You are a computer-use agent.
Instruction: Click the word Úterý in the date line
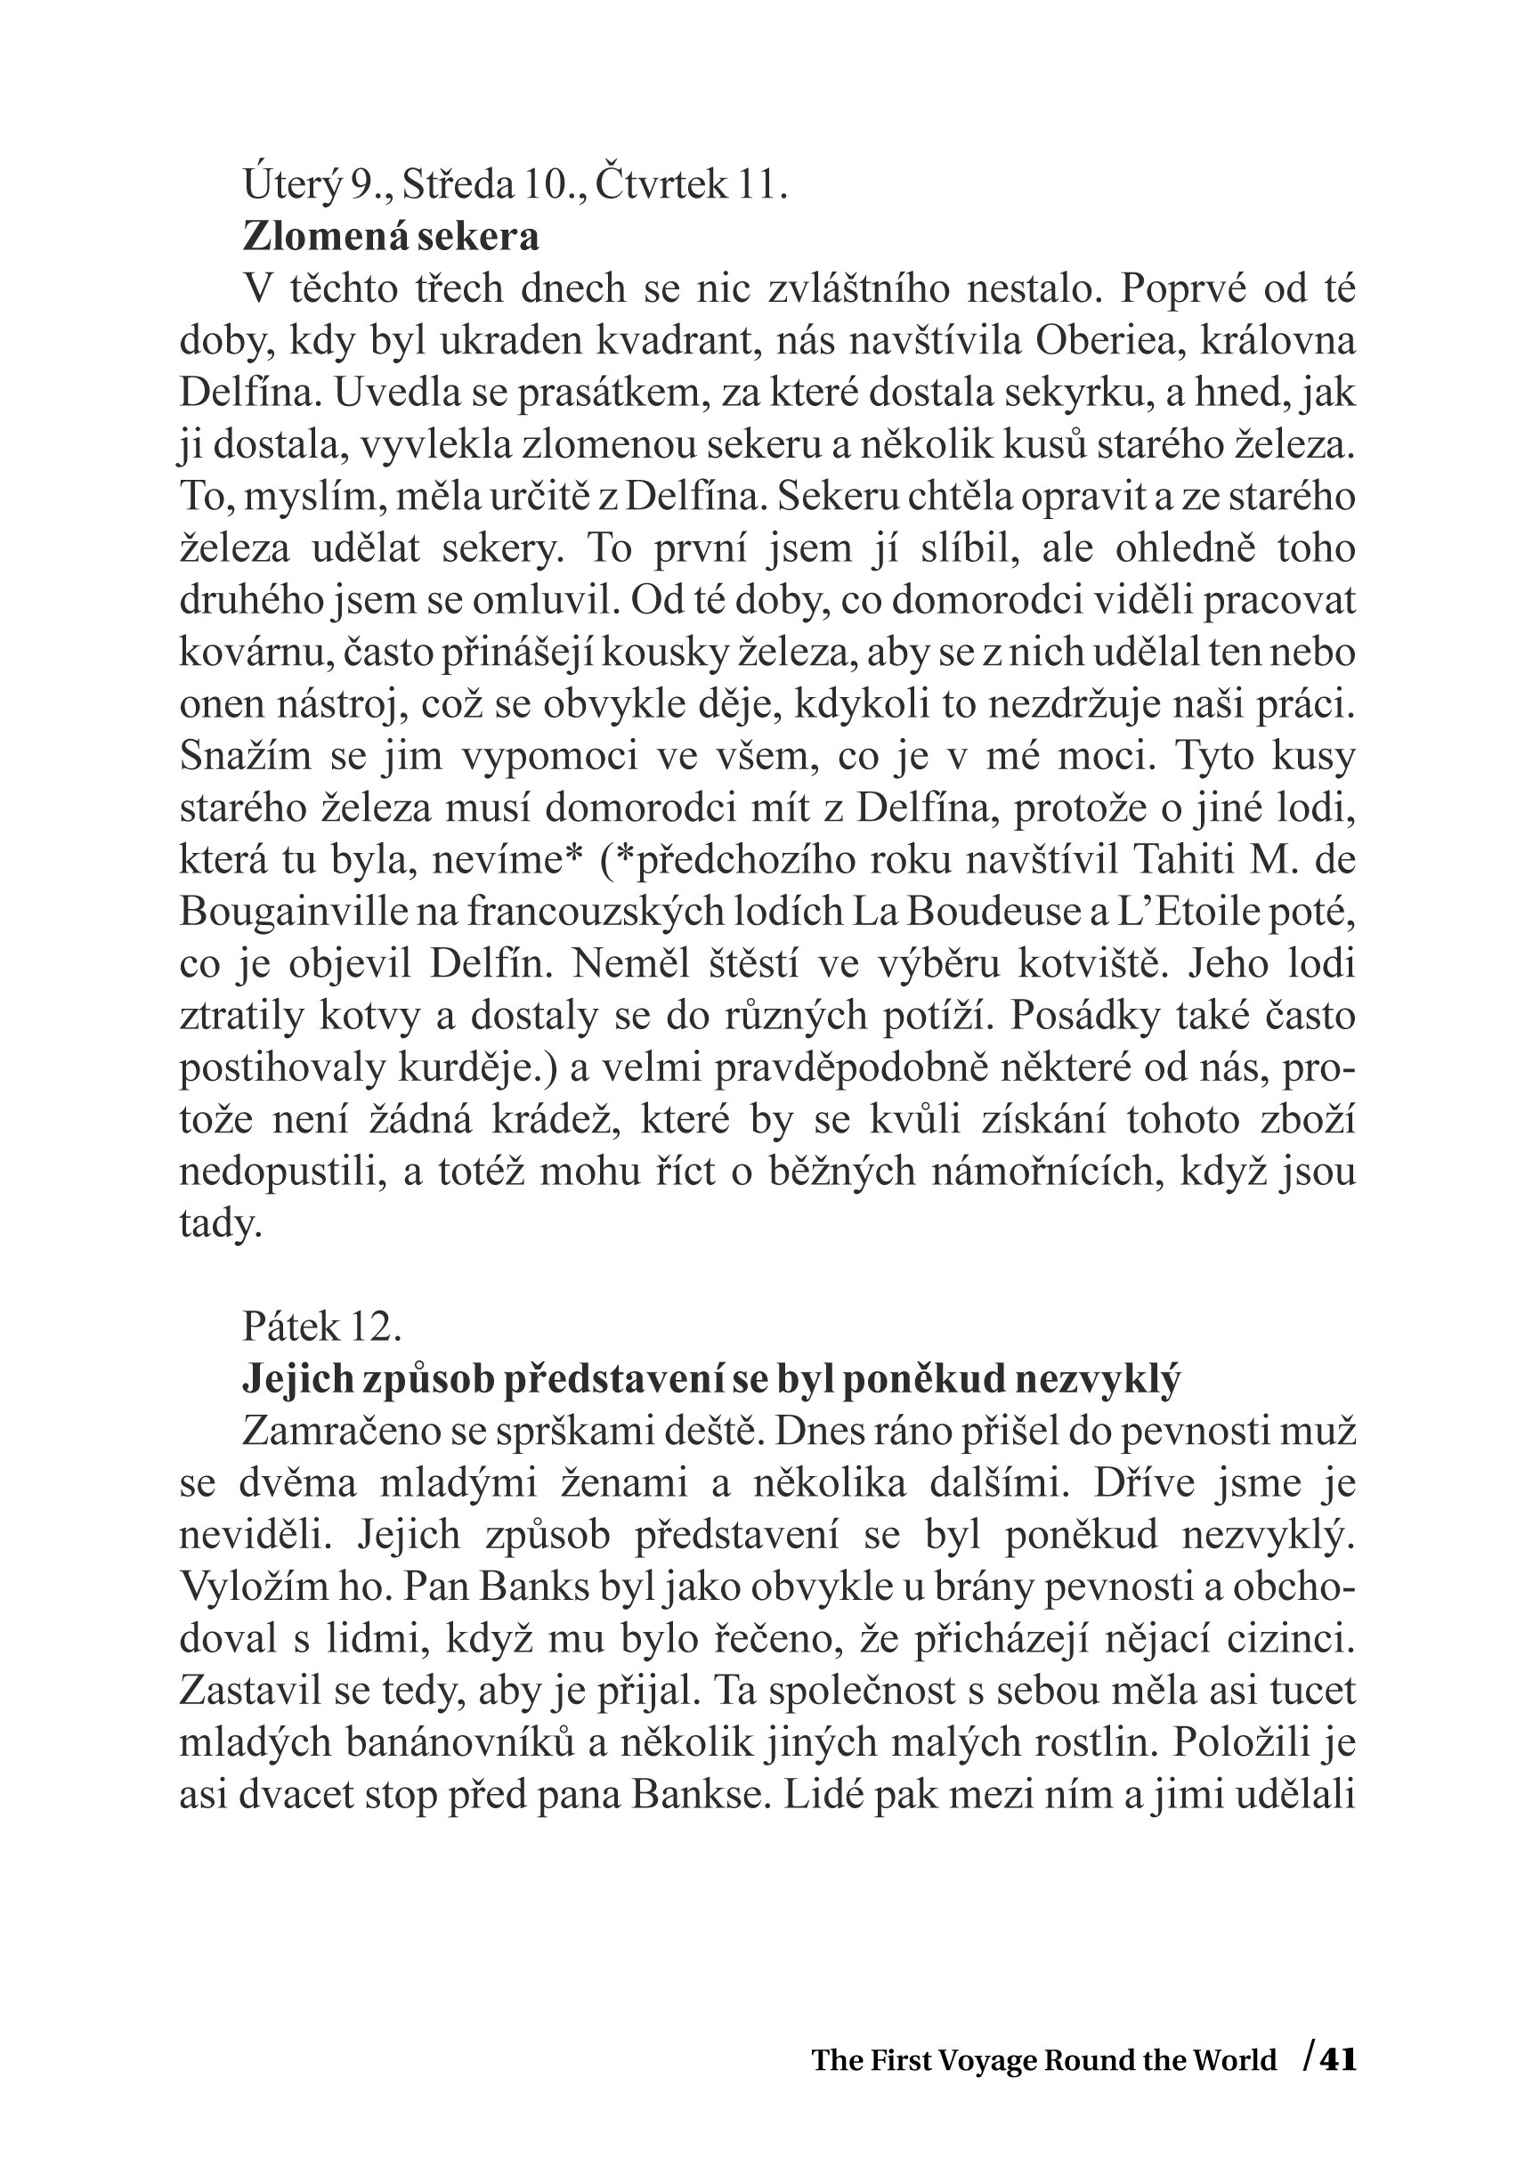(x=291, y=185)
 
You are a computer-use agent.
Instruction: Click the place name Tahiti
(x=1182, y=860)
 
